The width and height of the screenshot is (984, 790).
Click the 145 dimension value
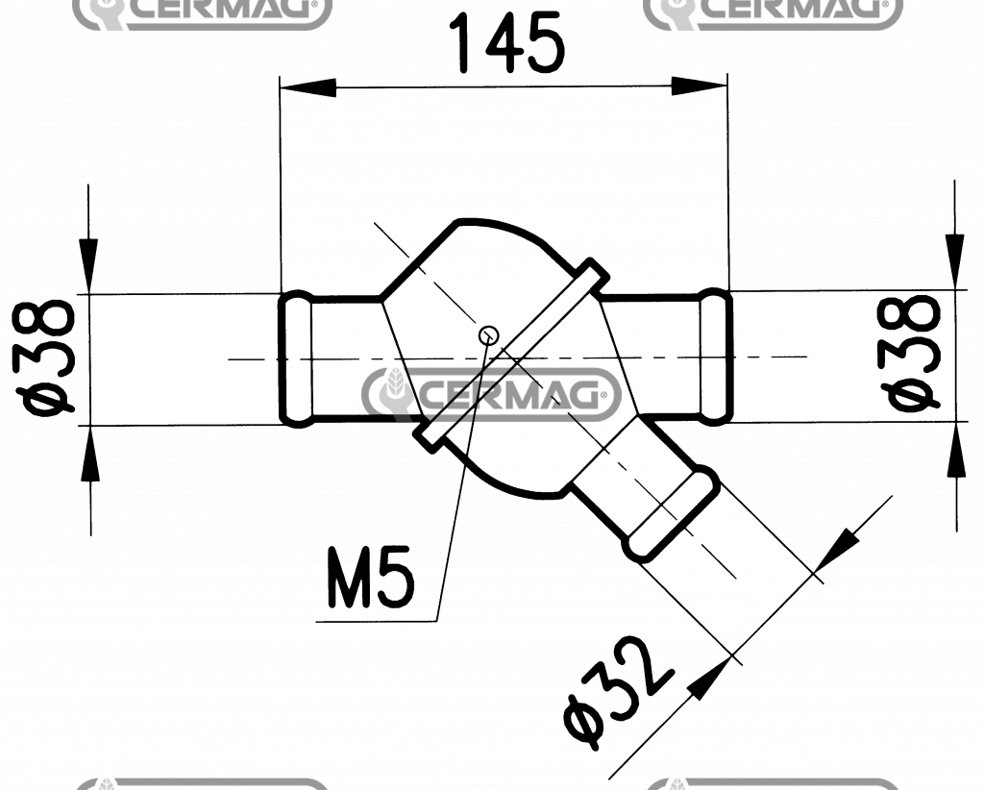506,45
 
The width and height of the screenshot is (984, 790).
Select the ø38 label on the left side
49,358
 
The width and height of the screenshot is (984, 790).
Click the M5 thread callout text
370,579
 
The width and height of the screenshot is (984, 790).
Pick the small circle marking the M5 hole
488,334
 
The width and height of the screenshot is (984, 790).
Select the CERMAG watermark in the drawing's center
491,394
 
